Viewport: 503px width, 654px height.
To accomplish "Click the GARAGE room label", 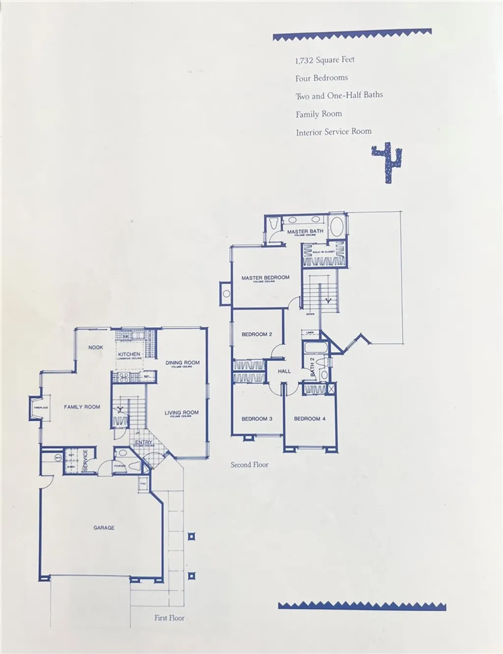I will coord(104,528).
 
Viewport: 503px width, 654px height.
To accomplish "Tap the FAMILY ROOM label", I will coord(82,407).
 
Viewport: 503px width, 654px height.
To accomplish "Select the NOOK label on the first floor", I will coord(96,347).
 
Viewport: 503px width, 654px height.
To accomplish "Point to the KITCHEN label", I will coord(129,354).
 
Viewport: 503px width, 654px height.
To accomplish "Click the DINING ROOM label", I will coord(183,363).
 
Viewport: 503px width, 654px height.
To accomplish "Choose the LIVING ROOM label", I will coord(182,413).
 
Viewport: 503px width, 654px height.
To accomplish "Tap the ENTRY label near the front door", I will coord(143,443).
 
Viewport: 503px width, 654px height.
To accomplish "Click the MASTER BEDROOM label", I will coord(265,278).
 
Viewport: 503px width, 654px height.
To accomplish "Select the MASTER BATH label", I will coord(305,231).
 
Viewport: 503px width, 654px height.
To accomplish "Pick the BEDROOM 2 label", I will coord(256,335).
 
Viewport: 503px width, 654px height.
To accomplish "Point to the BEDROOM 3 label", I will coord(256,419).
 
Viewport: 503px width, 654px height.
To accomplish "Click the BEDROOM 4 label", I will coord(309,419).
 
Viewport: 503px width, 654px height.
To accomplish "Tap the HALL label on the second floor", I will coord(284,371).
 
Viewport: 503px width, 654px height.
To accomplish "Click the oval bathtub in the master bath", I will coord(336,228).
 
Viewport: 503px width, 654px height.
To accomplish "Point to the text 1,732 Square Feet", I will coord(325,60).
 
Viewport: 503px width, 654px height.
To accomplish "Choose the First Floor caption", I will coord(169,618).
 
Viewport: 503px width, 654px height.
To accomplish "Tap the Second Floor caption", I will coord(250,464).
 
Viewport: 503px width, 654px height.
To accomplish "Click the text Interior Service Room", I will coord(334,132).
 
